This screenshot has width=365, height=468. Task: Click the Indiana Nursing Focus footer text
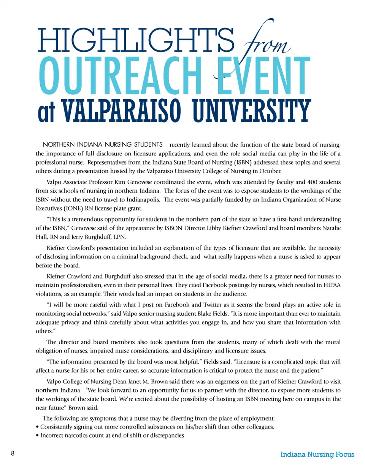317,454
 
